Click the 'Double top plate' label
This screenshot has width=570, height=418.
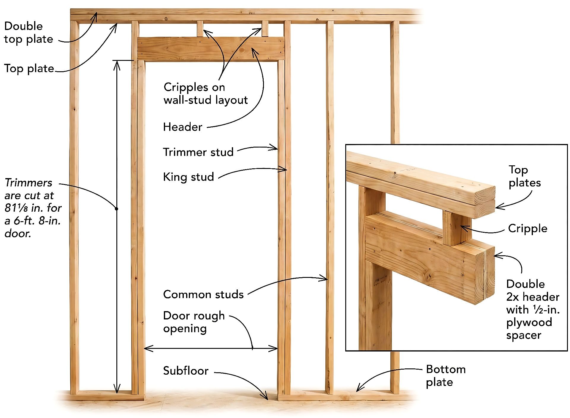(x=28, y=33)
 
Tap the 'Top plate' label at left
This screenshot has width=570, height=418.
(x=29, y=69)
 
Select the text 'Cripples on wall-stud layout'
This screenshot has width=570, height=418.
(x=205, y=94)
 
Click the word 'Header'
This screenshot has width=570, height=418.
(x=183, y=127)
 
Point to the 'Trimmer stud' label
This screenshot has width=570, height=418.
(x=198, y=152)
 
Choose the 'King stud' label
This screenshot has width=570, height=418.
(x=189, y=177)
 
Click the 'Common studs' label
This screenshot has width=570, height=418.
(x=203, y=294)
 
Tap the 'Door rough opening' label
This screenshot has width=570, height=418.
(x=194, y=322)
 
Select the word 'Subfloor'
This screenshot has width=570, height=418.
(x=186, y=371)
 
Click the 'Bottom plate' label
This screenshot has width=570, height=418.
(x=446, y=376)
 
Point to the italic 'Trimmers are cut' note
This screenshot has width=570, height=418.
(x=33, y=208)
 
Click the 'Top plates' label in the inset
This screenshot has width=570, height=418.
(x=525, y=176)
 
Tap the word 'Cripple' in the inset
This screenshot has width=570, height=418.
(x=528, y=228)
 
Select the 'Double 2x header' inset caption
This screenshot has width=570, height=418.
(x=533, y=309)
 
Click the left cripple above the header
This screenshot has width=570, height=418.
(x=200, y=29)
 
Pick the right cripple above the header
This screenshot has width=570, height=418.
(x=265, y=29)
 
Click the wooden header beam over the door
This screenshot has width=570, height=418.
(x=211, y=49)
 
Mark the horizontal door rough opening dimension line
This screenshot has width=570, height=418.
(x=210, y=348)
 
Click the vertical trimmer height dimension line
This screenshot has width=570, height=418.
(x=117, y=227)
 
